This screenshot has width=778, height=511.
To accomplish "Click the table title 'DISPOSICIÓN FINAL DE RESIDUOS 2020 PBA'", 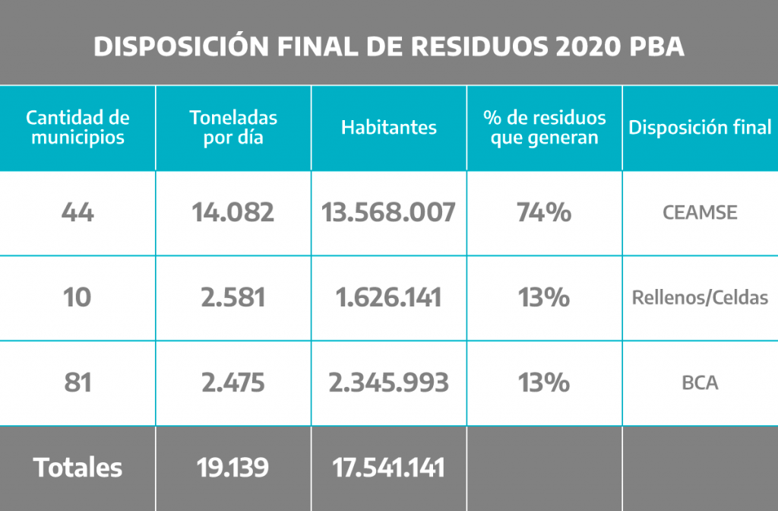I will pos(388,46).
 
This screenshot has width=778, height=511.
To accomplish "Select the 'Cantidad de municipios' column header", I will pos(77,128).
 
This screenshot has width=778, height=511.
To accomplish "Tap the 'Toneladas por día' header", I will pos(233,128).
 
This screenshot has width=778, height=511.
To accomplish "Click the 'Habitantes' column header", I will pos(388,127).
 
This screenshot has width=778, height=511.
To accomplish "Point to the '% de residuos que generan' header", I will pos(544,128).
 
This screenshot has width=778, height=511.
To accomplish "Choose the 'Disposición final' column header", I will pos(700,127).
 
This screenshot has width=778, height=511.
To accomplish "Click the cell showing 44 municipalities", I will pos(77,213).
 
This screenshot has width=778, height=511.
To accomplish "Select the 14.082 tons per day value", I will pos(233,213).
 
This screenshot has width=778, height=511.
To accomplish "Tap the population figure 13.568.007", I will pos(388,213).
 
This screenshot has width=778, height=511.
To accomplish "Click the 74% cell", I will pos(544,213).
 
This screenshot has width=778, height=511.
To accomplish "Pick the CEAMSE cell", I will pos(700,213).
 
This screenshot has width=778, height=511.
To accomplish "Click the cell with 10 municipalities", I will pos(77,297).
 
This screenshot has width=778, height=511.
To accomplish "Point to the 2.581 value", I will pos(233,297).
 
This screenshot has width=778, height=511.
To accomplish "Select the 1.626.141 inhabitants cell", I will pos(388,297).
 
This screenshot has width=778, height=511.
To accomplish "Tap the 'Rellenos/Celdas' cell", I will pos(700,297).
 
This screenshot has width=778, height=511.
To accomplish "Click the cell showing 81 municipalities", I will pos(77,382).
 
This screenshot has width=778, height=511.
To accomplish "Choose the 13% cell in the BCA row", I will pos(544,382).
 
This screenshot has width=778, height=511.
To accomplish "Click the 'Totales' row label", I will pos(77,468).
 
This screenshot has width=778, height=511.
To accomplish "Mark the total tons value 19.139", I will pos(233,468).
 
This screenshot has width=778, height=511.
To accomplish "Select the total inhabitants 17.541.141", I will pos(388,468).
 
